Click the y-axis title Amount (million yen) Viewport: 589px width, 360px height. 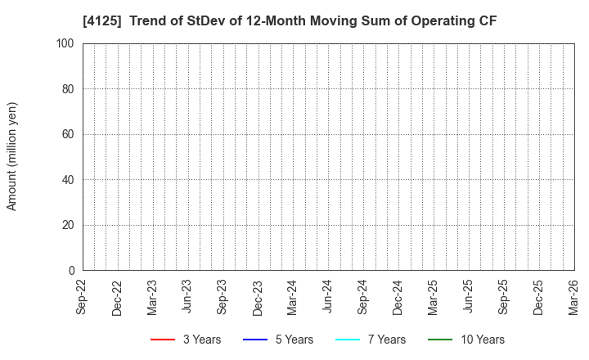click(12, 156)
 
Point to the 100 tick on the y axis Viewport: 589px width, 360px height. click(67, 43)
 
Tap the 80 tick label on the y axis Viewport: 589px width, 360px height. click(70, 89)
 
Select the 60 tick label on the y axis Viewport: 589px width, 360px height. click(70, 134)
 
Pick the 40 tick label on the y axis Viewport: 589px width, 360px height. click(70, 180)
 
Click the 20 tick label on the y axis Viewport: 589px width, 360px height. click(70, 225)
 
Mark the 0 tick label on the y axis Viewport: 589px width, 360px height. click(73, 271)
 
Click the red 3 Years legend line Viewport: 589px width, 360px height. click(163, 340)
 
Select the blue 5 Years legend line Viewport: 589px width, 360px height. click(255, 340)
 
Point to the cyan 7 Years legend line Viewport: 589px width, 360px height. click(348, 340)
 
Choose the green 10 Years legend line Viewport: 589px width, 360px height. click(440, 340)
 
